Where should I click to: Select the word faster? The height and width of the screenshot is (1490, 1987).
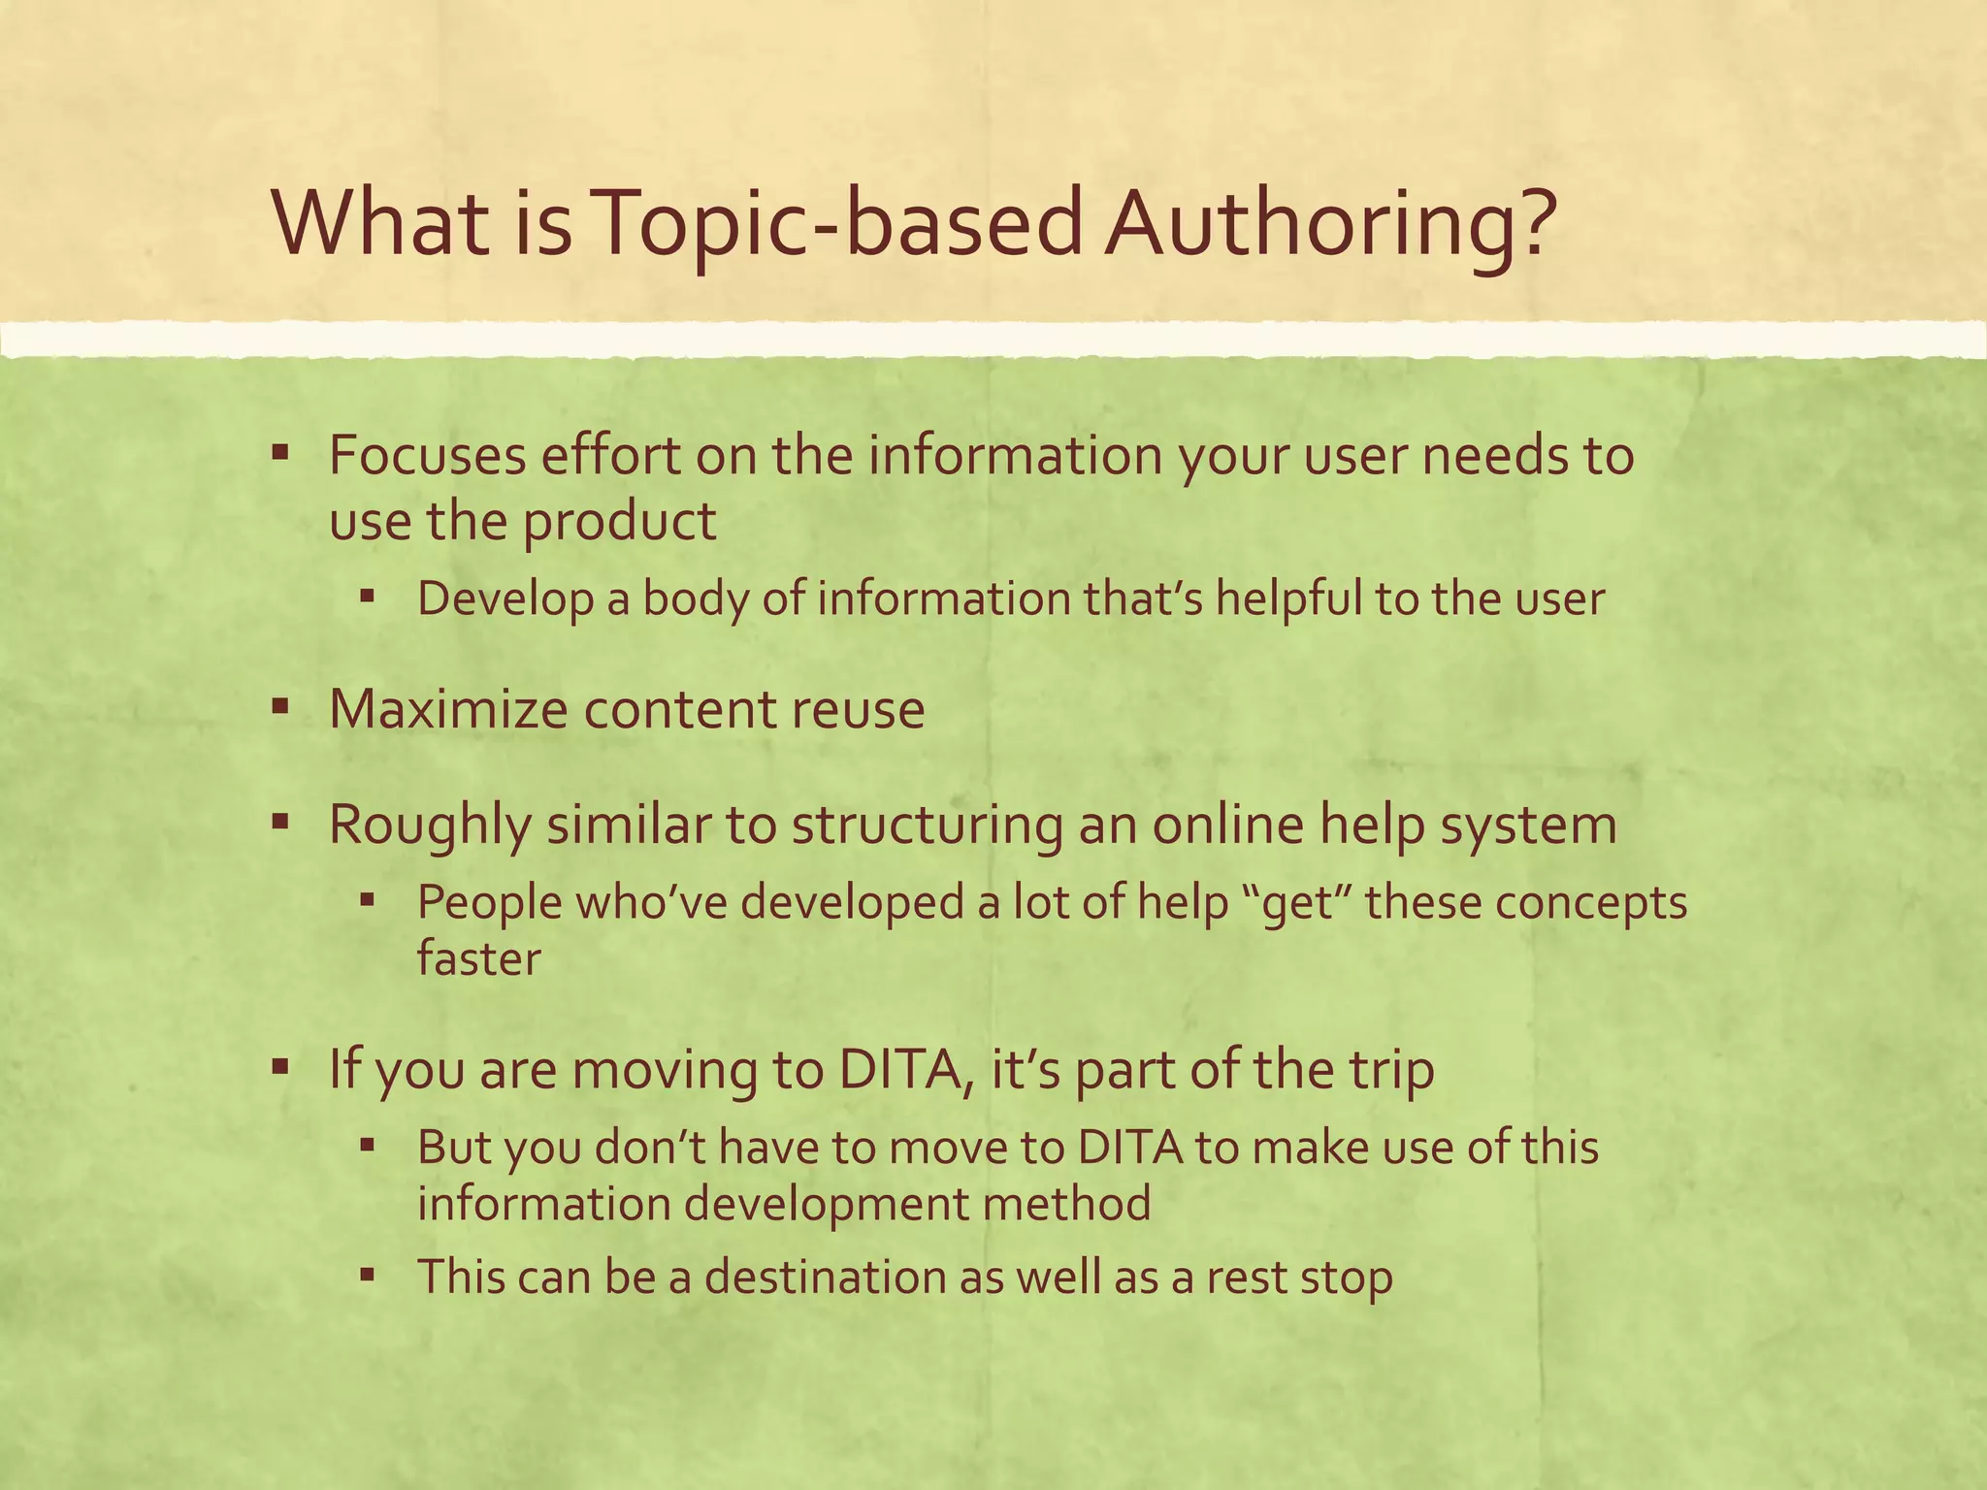click(x=478, y=958)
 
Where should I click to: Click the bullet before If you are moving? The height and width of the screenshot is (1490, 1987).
click(x=280, y=1067)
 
